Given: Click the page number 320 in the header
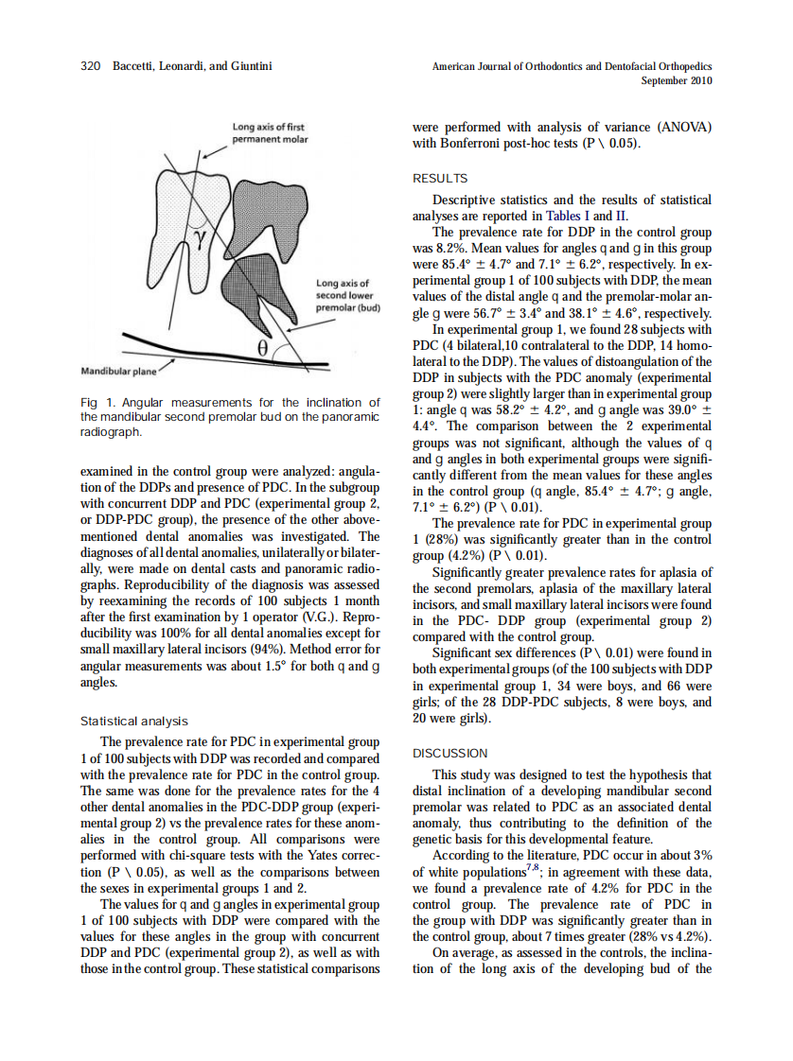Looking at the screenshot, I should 90,67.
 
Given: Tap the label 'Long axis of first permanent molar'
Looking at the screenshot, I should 270,132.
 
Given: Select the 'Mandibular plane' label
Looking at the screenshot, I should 119,371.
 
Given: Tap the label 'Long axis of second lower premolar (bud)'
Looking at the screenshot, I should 347,295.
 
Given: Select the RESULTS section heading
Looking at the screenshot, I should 440,178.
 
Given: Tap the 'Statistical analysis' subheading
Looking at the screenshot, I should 134,721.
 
